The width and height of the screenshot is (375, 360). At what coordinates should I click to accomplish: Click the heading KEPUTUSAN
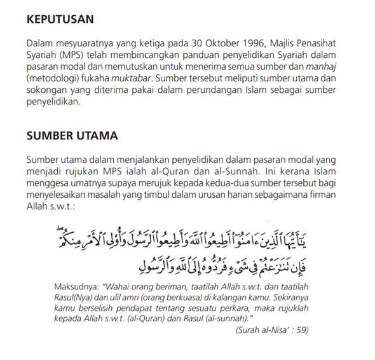61,19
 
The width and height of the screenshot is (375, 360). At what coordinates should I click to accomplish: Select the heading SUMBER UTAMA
72,135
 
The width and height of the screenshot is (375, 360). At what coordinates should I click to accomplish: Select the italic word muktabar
131,78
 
